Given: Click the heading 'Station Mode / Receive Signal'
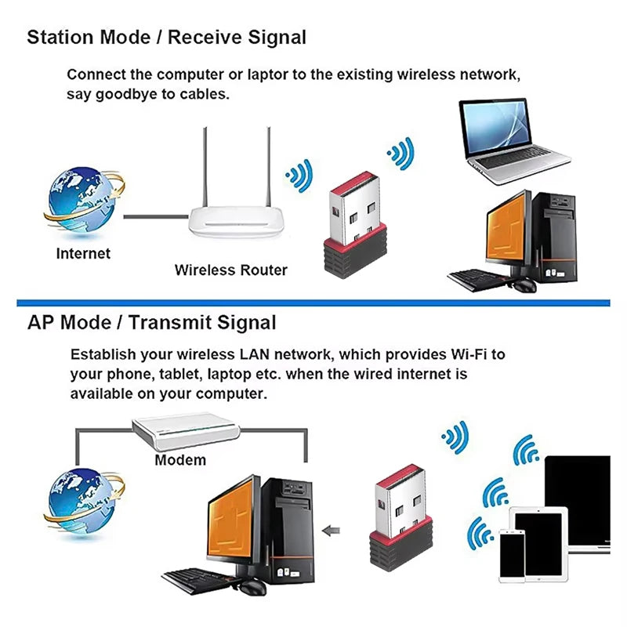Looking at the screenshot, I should [x=166, y=37].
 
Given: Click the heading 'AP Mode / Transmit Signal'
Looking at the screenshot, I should [x=151, y=322].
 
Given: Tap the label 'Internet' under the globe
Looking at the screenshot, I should [x=83, y=254].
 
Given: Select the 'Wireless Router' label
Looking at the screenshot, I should [x=230, y=270].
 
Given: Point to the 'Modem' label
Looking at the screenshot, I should [x=180, y=460].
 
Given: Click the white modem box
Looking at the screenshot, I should [x=185, y=432].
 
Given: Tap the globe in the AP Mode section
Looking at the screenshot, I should [x=82, y=501].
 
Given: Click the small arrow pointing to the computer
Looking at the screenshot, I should [x=333, y=529].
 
